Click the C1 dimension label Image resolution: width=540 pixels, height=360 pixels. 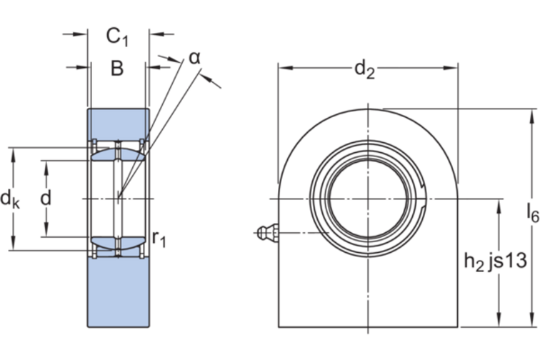point(117,36)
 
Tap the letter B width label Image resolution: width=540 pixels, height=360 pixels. point(117,69)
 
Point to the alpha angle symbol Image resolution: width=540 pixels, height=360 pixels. point(194,57)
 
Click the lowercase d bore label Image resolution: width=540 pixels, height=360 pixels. point(46,199)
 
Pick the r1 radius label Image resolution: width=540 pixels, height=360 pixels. point(159,239)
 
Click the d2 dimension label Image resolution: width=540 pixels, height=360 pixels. point(365,69)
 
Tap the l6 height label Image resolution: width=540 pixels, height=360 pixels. point(531,212)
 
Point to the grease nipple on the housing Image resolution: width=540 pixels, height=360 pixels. point(266,232)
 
